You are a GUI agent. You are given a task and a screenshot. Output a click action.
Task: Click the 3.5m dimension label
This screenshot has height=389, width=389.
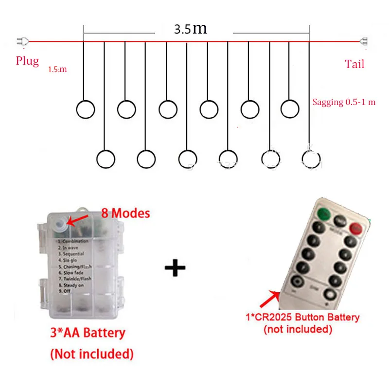point(191,29)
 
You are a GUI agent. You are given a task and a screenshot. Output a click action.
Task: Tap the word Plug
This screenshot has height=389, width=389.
point(27,61)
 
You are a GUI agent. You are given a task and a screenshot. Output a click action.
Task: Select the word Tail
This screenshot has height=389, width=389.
point(354,64)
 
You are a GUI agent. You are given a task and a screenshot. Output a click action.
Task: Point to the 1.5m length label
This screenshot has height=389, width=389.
point(57,70)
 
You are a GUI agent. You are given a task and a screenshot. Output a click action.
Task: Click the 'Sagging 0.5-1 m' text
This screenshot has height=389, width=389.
point(344,103)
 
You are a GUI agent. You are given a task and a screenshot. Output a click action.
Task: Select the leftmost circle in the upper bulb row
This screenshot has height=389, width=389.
point(86,109)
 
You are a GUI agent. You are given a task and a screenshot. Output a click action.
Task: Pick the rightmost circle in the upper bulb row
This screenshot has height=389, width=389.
point(290,108)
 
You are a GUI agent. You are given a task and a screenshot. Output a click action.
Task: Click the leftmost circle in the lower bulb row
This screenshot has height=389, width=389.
point(106,159)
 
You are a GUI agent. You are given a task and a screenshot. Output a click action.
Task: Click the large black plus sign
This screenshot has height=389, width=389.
point(175,268)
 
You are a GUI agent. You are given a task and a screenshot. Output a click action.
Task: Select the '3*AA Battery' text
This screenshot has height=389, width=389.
point(88,334)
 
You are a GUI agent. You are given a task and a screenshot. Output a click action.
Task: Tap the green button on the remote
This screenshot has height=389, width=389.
point(323,212)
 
